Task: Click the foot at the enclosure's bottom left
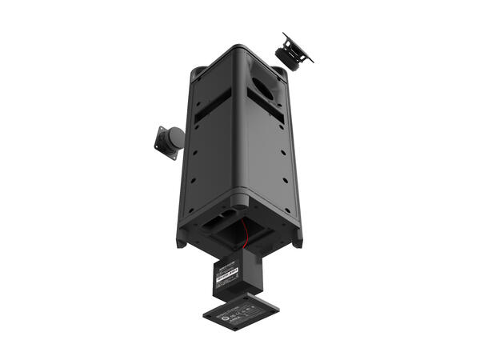pyautogui.click(x=182, y=239)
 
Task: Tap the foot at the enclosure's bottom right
pyautogui.click(x=298, y=241)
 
